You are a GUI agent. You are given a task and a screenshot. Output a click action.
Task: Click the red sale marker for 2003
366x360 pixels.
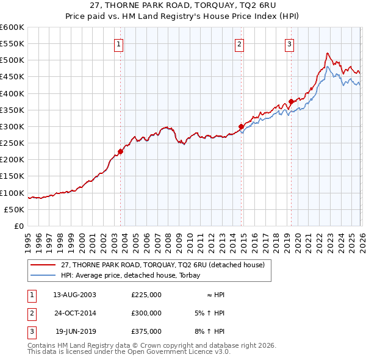120,152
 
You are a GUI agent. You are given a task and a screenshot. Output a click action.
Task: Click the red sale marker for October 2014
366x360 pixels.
241,127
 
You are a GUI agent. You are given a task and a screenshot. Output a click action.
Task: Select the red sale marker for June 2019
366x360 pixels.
291,101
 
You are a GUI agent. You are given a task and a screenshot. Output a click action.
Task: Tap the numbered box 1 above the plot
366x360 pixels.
118,43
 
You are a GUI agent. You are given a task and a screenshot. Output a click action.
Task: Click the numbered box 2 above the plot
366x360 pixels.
240,43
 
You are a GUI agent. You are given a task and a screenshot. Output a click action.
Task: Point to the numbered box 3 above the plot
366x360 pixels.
289,43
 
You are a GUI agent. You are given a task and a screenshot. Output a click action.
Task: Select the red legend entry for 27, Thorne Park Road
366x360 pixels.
162,265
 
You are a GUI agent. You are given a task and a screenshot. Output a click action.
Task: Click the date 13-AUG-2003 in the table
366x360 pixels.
74,295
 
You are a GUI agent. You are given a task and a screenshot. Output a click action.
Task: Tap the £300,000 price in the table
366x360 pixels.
146,313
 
